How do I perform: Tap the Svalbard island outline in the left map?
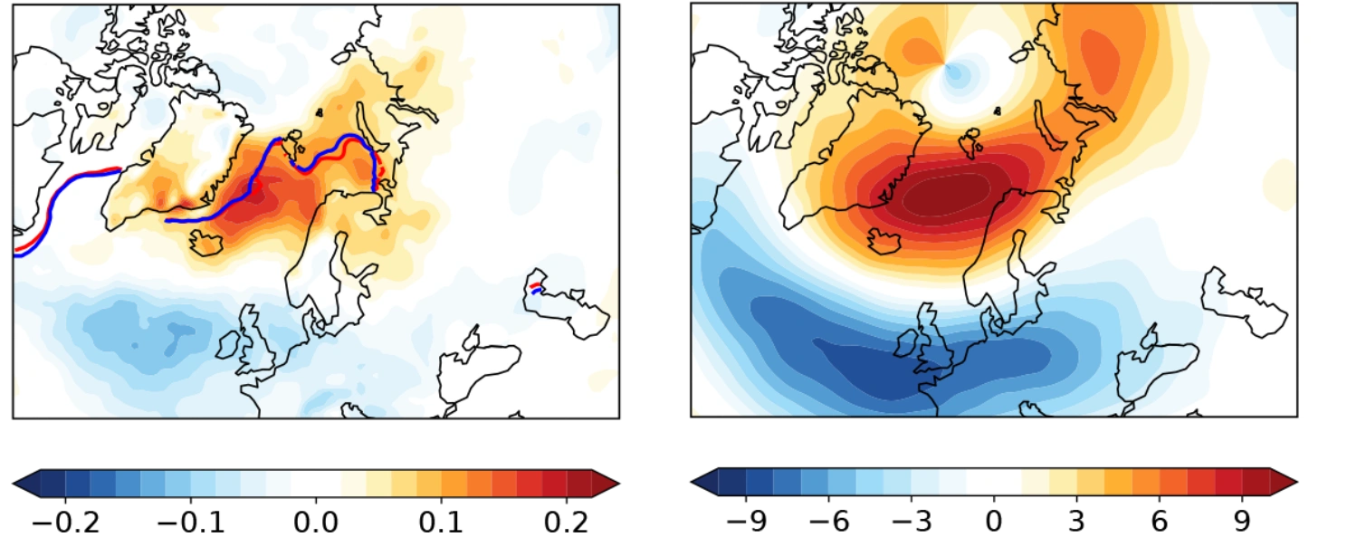(291, 144)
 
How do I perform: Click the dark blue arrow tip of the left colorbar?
(24, 484)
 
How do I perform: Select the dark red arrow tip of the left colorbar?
(606, 484)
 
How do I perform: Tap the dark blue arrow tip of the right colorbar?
(703, 484)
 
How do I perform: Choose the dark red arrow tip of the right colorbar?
(1284, 484)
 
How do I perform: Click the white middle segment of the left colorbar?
(315, 484)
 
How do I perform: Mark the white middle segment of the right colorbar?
(993, 484)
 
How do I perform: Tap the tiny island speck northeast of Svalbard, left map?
(320, 111)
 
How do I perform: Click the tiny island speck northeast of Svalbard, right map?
(998, 111)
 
